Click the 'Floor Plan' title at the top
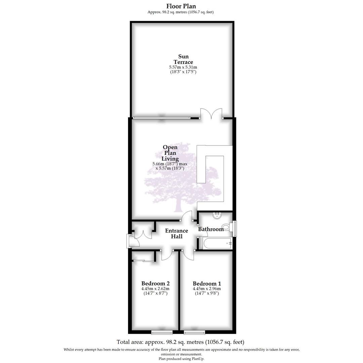click(181, 6)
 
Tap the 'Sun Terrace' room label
click(183, 59)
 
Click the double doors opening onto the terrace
click(211, 114)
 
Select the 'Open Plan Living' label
click(170, 153)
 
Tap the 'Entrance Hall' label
click(176, 234)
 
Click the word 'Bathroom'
click(211, 229)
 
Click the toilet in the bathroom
click(226, 228)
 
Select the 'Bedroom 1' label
click(207, 283)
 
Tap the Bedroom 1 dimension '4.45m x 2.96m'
click(207, 288)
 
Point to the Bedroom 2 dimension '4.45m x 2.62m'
click(155, 288)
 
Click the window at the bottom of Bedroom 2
click(162, 332)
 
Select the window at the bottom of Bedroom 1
click(195, 332)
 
